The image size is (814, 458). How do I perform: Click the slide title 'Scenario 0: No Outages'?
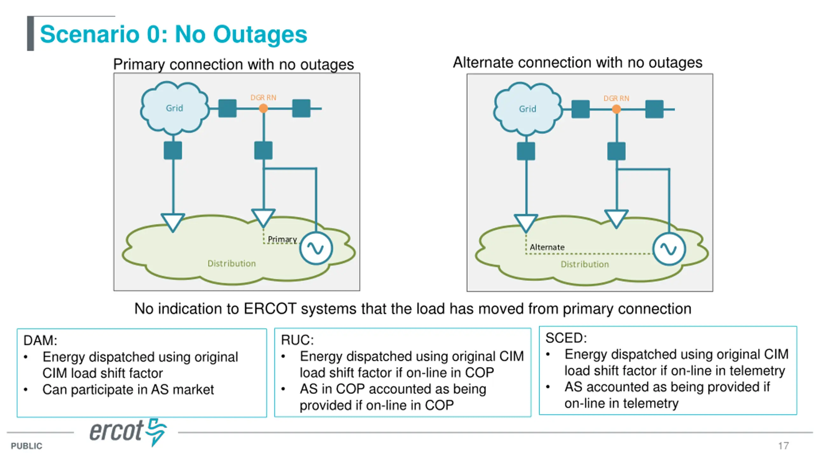[174, 34]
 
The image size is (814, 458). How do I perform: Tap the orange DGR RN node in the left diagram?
[263, 108]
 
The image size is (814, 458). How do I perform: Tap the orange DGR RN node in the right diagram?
[616, 109]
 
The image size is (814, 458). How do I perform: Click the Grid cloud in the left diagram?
[175, 107]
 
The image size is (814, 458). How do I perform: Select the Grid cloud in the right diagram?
[528, 108]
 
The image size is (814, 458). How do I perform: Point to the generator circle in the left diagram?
[316, 248]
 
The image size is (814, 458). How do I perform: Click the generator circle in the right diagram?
[669, 249]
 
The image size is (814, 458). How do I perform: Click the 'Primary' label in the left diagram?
[282, 239]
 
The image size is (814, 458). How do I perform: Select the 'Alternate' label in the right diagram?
[547, 247]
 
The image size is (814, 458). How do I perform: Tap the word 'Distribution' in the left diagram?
[231, 263]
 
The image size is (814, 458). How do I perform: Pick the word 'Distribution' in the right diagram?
[584, 264]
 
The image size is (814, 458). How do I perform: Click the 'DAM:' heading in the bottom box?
[40, 340]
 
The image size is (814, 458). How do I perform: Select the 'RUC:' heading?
[297, 340]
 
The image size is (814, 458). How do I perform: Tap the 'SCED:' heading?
[566, 338]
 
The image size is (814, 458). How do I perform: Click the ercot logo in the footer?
[128, 432]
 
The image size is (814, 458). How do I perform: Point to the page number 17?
[783, 446]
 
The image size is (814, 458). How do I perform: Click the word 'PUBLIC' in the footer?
[26, 446]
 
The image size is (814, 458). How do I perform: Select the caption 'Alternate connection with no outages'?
[577, 62]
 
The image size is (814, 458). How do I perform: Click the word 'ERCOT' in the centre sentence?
[270, 309]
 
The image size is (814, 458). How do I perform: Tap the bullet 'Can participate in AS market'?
[128, 390]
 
